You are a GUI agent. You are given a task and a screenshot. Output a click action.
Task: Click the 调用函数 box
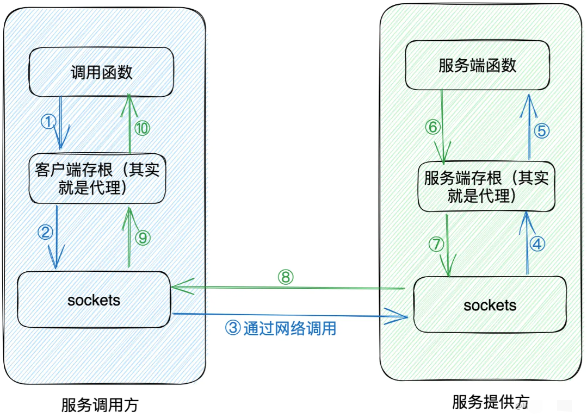pyautogui.click(x=102, y=72)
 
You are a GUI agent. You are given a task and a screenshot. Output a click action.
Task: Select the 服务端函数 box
pyautogui.click(x=477, y=66)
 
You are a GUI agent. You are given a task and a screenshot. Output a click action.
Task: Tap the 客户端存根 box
pyautogui.click(x=97, y=178)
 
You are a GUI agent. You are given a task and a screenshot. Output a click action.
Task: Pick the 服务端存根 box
pyautogui.click(x=486, y=186)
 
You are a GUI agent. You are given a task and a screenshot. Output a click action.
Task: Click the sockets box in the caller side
pyautogui.click(x=94, y=300)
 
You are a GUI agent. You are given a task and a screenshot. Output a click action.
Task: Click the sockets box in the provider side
pyautogui.click(x=490, y=305)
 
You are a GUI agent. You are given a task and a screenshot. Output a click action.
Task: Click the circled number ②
pyautogui.click(x=45, y=233)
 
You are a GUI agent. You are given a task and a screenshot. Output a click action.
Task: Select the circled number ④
pyautogui.click(x=537, y=245)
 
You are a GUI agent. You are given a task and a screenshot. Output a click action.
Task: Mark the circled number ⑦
pyautogui.click(x=436, y=245)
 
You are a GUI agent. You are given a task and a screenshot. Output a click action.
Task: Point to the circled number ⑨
pyautogui.click(x=143, y=238)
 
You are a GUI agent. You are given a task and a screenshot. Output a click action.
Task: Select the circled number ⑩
pyautogui.click(x=142, y=128)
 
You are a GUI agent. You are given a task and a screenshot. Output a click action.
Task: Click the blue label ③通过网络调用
pyautogui.click(x=280, y=328)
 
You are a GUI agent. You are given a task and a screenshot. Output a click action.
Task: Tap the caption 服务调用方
pyautogui.click(x=100, y=405)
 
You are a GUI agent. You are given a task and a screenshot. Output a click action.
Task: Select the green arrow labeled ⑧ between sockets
pyautogui.click(x=288, y=287)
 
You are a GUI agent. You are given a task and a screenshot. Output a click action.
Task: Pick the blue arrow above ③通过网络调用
pyautogui.click(x=288, y=315)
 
